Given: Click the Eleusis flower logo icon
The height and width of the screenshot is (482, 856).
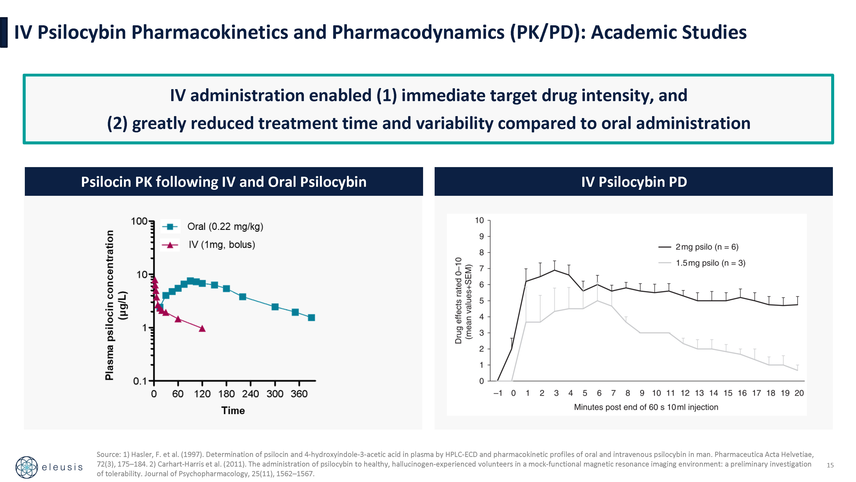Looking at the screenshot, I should pyautogui.click(x=27, y=467).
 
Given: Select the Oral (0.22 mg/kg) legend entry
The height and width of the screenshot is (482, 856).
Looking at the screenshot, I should pyautogui.click(x=225, y=226).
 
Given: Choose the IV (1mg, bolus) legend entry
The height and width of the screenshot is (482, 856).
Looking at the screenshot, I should pyautogui.click(x=222, y=245).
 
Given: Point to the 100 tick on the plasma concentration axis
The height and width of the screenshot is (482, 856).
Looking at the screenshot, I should pyautogui.click(x=139, y=221).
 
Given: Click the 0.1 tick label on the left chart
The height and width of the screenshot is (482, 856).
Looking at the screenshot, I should pyautogui.click(x=140, y=381).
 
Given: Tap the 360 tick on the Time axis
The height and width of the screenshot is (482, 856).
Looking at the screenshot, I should pyautogui.click(x=299, y=394).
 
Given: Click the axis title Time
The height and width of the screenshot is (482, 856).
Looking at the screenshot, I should pyautogui.click(x=233, y=410).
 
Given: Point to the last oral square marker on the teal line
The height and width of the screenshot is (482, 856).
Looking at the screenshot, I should pyautogui.click(x=311, y=318).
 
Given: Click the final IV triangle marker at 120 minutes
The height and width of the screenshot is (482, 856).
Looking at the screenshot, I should pyautogui.click(x=202, y=329).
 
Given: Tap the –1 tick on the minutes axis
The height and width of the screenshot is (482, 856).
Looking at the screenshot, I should pyautogui.click(x=498, y=393).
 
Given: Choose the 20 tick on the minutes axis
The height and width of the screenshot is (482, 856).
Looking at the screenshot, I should pyautogui.click(x=799, y=393).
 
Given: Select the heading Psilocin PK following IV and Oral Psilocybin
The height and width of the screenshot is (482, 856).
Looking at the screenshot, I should pyautogui.click(x=224, y=182).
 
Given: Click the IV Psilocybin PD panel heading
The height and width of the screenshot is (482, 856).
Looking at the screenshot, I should pyautogui.click(x=634, y=182).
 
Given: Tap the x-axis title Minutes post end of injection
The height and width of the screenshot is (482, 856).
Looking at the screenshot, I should pyautogui.click(x=646, y=407).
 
